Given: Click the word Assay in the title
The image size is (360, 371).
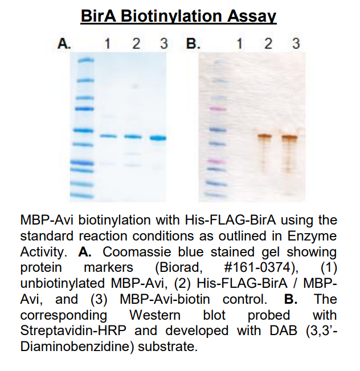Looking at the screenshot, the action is (x=252, y=17).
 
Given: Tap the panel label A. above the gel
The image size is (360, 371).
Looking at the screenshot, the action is (x=64, y=44).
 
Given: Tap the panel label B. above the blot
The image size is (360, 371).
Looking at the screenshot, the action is (x=193, y=44).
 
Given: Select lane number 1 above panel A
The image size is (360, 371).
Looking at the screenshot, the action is (x=108, y=44).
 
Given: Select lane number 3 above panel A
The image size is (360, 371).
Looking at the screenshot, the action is (x=164, y=44).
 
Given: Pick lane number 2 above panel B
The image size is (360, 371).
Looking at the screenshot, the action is (x=268, y=44).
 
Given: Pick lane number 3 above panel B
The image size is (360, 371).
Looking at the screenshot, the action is (x=296, y=44).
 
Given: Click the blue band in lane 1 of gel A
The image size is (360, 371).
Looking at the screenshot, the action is (x=108, y=136).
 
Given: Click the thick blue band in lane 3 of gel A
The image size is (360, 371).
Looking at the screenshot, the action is (x=158, y=138).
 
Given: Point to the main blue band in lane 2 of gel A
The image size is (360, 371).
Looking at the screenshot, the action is (x=133, y=136).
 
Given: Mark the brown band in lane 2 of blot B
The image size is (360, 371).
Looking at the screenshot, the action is (x=265, y=136).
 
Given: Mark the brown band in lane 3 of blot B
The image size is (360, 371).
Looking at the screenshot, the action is (x=289, y=137).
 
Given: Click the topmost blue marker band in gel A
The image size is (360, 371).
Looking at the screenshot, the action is (x=85, y=60).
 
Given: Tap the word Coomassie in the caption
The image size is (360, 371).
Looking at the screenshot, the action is (x=137, y=252).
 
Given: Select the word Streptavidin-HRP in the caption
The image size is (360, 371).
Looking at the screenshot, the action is (x=73, y=331).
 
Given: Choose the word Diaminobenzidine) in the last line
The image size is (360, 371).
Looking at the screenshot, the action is (x=77, y=346).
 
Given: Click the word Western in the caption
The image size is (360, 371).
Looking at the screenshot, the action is (x=155, y=315).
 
